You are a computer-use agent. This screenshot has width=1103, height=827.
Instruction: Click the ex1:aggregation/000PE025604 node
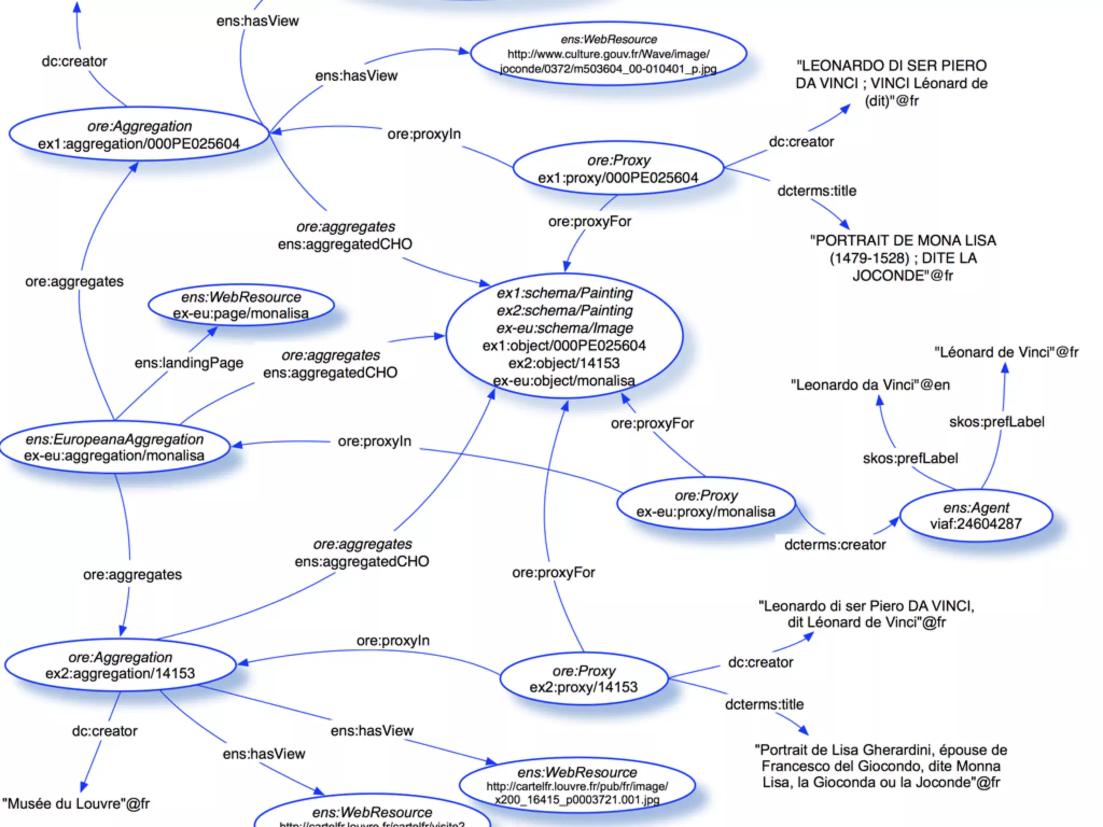click(138, 135)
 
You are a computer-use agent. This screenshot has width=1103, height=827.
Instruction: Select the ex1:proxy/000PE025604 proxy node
click(618, 169)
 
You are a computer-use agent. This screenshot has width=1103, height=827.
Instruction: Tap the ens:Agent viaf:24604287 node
click(975, 516)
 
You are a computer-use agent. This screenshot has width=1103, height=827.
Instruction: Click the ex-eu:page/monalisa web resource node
click(241, 305)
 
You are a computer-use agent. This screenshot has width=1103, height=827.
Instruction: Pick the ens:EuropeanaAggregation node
click(114, 447)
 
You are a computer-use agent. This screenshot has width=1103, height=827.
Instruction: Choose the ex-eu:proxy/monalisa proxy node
click(706, 503)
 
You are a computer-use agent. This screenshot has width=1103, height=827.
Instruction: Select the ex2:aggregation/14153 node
click(120, 665)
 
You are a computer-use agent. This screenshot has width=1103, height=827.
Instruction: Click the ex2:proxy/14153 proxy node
click(584, 679)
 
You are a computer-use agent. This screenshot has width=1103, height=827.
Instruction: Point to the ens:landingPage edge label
click(189, 363)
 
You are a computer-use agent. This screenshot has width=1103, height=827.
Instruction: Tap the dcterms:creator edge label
click(835, 545)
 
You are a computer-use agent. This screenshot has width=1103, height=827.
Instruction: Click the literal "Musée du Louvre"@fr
click(76, 804)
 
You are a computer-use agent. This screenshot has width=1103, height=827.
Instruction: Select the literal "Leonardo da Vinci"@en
click(870, 385)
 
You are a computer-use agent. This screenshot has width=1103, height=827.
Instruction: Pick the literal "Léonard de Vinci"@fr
click(1006, 352)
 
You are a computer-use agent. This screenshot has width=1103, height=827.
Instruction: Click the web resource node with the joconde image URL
click(608, 54)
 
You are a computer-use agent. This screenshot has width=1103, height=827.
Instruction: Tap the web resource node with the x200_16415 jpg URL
click(577, 786)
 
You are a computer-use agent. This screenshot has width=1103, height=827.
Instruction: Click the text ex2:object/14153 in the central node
click(564, 363)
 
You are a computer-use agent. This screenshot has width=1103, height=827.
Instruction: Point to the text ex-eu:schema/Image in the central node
click(564, 328)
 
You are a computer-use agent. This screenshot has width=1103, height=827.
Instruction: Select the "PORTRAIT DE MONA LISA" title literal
click(903, 258)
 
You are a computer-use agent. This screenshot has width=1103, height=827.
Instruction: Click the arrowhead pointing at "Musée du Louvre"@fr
click(84, 787)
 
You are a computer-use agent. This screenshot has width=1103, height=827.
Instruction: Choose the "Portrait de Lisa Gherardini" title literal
click(881, 766)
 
